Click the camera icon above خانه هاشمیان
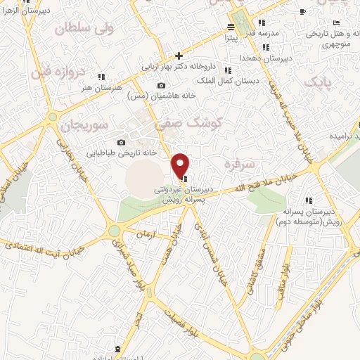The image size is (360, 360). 162,85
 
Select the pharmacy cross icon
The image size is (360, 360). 179,56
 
